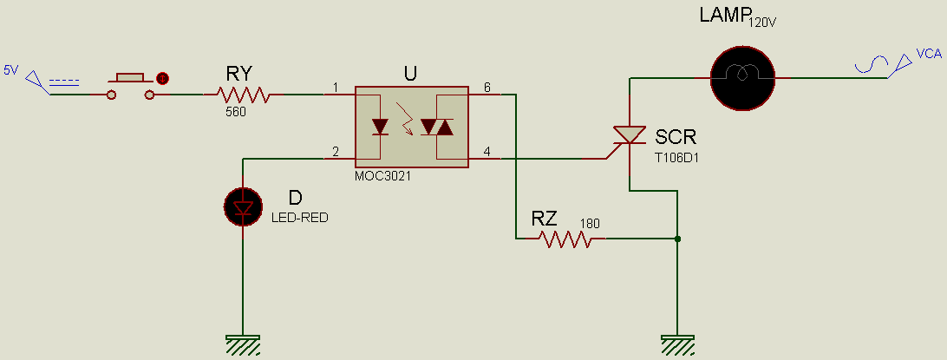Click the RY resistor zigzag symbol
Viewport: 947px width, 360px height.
pyautogui.click(x=244, y=95)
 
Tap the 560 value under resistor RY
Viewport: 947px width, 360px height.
pyautogui.click(x=236, y=112)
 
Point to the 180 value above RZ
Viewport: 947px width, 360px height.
pyautogui.click(x=590, y=222)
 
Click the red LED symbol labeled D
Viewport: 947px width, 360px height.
pyautogui.click(x=243, y=206)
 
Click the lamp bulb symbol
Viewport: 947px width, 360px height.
pyautogui.click(x=741, y=77)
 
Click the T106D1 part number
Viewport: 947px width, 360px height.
pyautogui.click(x=676, y=158)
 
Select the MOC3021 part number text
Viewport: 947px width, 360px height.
pyautogui.click(x=382, y=176)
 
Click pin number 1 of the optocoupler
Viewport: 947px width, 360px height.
pyautogui.click(x=335, y=88)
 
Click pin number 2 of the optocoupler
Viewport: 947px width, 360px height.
pyautogui.click(x=335, y=153)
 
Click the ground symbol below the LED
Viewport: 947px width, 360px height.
pyautogui.click(x=243, y=345)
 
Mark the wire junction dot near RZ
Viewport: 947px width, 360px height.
pyautogui.click(x=676, y=239)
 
